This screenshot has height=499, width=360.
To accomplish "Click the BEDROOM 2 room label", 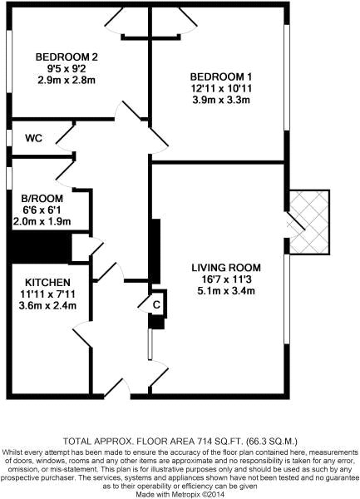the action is click(x=67, y=57).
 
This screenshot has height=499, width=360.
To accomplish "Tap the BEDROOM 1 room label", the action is click(x=221, y=77).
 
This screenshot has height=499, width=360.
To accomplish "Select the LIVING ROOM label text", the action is click(x=226, y=268).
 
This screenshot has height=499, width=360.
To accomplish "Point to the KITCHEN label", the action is click(x=47, y=282).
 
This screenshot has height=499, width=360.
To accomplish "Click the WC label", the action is click(x=34, y=138).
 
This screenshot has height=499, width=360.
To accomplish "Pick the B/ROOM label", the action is click(x=42, y=199).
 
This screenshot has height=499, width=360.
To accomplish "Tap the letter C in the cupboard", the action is click(x=156, y=305).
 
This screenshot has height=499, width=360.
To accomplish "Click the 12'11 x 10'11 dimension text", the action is click(x=221, y=88).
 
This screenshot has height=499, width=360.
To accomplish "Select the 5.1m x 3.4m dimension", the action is click(x=226, y=291).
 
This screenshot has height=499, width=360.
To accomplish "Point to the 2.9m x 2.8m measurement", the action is click(x=67, y=80).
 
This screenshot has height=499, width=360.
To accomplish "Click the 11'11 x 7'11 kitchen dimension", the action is click(x=47, y=294).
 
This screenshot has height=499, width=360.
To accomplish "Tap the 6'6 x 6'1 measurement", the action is click(x=42, y=210).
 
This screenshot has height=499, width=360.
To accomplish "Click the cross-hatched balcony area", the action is click(x=309, y=222).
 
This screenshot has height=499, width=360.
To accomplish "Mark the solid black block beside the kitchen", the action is click(x=39, y=247).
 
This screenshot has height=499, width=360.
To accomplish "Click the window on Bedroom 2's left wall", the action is click(x=9, y=62).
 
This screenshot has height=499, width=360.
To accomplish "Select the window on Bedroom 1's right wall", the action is click(x=287, y=77).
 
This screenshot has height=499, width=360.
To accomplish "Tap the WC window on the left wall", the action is click(x=9, y=138).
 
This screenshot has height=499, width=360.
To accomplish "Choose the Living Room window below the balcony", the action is click(x=287, y=299).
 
